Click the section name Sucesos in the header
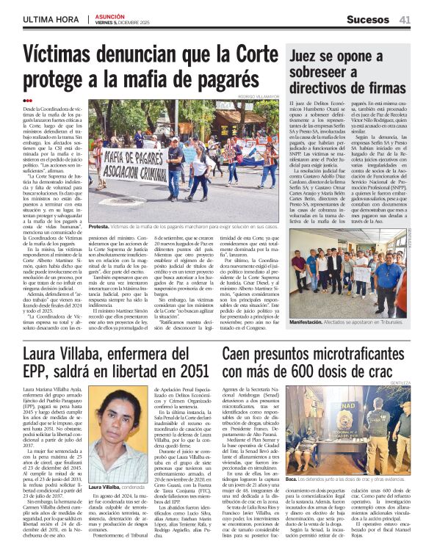pyautogui.click(x=367, y=20)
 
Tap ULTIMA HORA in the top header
pyautogui.click(x=50, y=20)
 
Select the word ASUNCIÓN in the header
pyautogui.click(x=111, y=16)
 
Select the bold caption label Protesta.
pyautogui.click(x=101, y=227)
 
